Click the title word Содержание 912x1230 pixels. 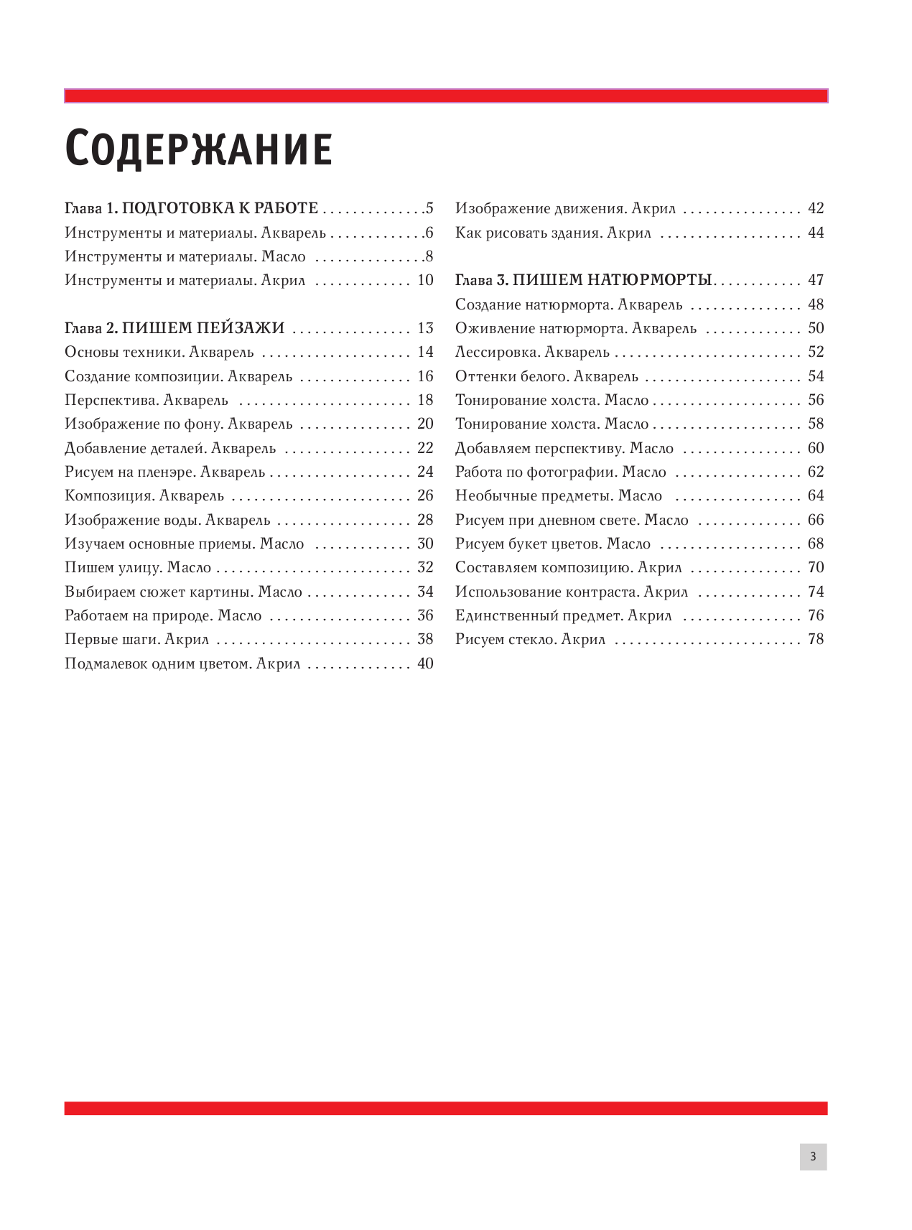198,149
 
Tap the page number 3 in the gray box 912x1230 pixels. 813,1157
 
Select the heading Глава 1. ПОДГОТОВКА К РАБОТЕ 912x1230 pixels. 191,208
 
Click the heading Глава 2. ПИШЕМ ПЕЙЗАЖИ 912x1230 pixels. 175,328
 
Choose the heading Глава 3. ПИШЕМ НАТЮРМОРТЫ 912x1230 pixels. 583,280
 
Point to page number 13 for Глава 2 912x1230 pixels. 425,328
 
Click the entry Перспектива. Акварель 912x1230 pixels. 146,400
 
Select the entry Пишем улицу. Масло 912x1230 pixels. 138,567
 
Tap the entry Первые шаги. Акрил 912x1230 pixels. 136,639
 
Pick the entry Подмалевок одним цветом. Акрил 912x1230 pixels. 182,663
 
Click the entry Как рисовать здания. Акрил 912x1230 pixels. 553,233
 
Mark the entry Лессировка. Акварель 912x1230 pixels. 532,352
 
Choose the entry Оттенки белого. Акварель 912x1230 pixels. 546,376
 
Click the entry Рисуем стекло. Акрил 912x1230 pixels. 530,639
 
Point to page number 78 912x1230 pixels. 816,639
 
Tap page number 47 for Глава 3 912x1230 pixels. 816,280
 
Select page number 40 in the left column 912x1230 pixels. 425,663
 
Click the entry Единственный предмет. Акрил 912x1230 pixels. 563,615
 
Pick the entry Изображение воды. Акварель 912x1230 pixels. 167,520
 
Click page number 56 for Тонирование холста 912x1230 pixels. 816,400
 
